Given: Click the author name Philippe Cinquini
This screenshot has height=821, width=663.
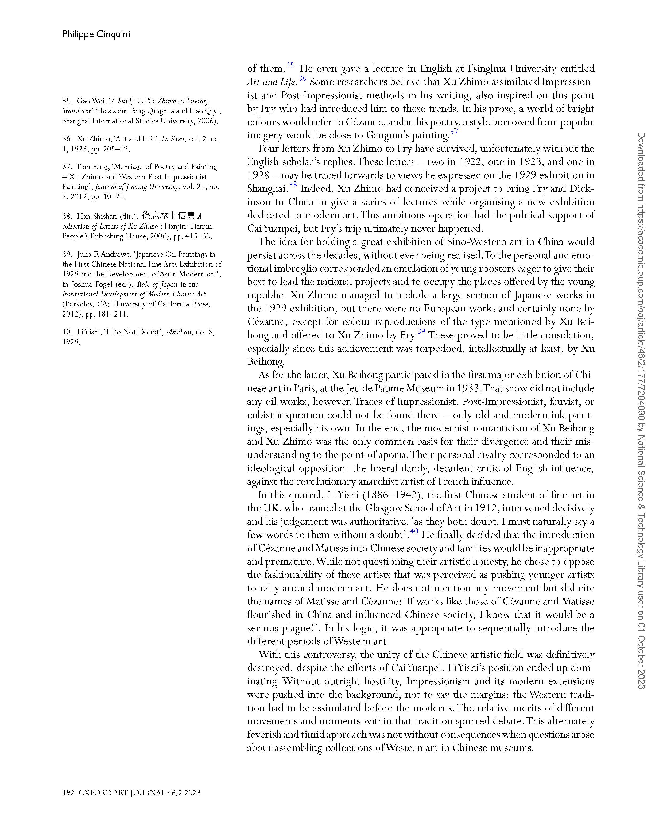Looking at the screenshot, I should (x=96, y=34).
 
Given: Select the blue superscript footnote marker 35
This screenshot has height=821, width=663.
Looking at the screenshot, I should (x=290, y=65).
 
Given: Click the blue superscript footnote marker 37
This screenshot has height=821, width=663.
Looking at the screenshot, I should (x=454, y=132).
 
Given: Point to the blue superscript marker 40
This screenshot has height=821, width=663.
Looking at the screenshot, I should (x=414, y=531).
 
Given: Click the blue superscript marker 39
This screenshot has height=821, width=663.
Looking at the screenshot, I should (x=421, y=331).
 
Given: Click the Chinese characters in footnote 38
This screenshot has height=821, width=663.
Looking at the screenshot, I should (x=168, y=215).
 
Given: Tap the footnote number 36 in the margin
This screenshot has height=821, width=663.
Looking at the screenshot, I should (x=67, y=139).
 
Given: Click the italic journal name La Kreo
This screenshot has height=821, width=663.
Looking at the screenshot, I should (x=173, y=139).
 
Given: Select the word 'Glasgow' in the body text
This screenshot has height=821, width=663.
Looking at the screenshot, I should (x=383, y=508).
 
